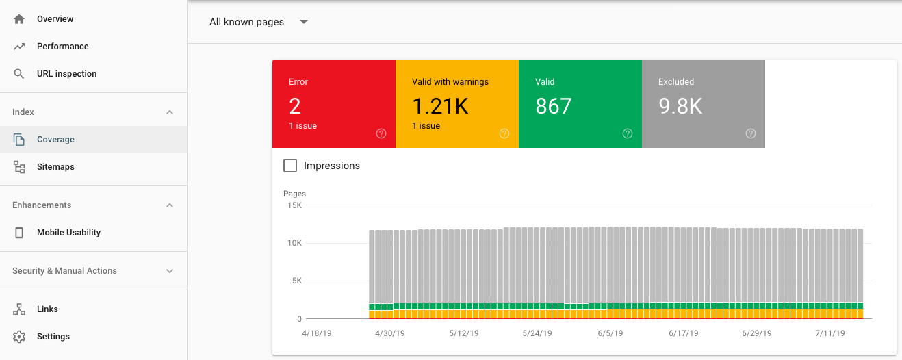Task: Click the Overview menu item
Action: (55, 19)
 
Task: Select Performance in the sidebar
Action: (62, 47)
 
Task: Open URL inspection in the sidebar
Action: (66, 74)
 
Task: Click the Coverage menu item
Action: (55, 140)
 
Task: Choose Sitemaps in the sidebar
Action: (55, 167)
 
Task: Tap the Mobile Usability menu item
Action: (68, 233)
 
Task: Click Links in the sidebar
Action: (47, 309)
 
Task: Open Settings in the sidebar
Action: (53, 337)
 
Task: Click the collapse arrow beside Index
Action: (170, 112)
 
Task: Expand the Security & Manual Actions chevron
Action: (170, 271)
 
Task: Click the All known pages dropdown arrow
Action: (304, 22)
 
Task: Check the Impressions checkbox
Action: (290, 166)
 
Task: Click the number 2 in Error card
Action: (295, 106)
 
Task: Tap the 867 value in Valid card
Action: (553, 106)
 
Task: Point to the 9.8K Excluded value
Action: (680, 106)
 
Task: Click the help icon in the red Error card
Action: (381, 133)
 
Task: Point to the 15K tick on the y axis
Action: (294, 205)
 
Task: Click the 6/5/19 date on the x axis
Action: (610, 333)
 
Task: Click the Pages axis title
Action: (294, 194)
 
